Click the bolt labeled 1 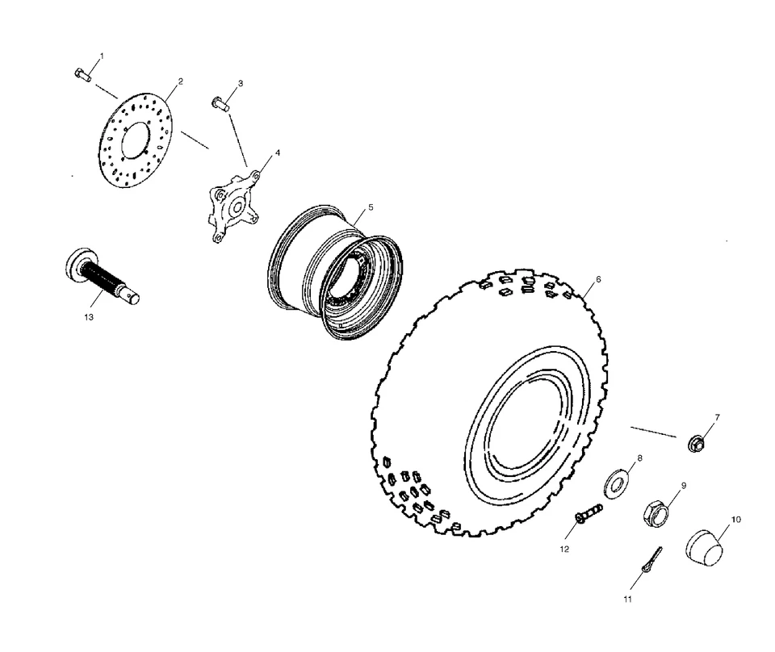[x=82, y=75]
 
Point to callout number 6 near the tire [x=597, y=279]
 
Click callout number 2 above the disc [x=180, y=81]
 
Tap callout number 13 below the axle [x=89, y=317]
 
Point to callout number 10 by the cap [x=736, y=519]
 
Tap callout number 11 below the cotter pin [x=627, y=600]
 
